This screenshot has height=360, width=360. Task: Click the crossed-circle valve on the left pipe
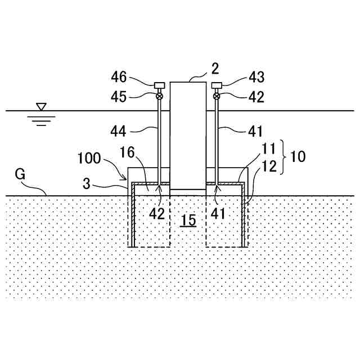point(160,96)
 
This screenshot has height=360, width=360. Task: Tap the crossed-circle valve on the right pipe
point(217,96)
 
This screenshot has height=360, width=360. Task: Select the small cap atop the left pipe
point(160,85)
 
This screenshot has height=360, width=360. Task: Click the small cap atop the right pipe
point(217,85)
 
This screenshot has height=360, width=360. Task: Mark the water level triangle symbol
point(40,106)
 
